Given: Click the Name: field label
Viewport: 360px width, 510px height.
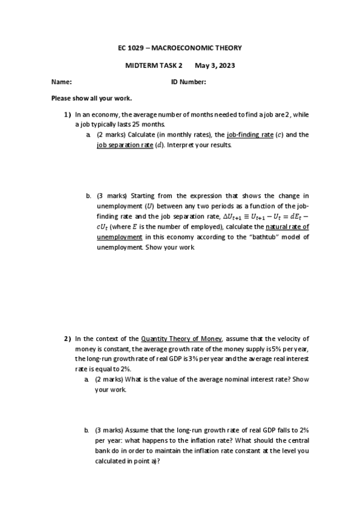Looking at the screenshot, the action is tap(62, 82).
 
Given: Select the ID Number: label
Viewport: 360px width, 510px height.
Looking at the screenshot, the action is tap(189, 82).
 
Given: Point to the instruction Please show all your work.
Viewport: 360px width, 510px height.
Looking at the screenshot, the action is tap(91, 98).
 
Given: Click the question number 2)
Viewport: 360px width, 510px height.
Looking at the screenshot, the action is tap(67, 339).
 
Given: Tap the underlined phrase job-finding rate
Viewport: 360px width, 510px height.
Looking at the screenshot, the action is tap(249, 135).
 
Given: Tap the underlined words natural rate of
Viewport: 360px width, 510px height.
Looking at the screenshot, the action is tap(287, 227).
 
